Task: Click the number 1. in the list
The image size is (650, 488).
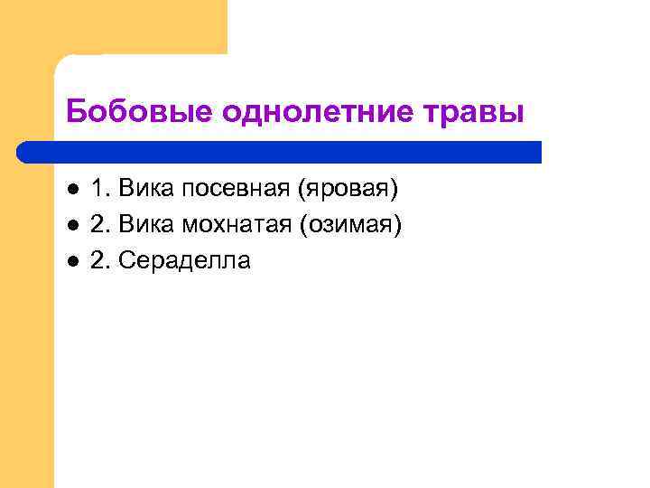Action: (100, 190)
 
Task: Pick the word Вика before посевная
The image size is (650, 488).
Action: (147, 190)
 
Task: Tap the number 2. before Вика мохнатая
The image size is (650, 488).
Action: (100, 225)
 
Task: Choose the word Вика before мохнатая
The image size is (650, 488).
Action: (147, 225)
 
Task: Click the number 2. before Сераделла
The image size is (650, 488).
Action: (100, 261)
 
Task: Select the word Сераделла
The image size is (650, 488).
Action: (185, 261)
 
